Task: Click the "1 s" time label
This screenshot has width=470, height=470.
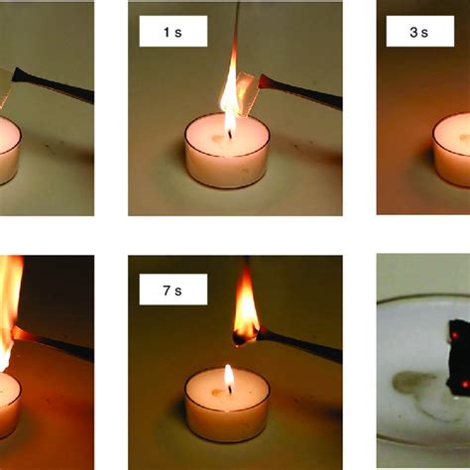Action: (x=173, y=33)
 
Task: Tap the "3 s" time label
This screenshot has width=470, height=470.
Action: (x=418, y=33)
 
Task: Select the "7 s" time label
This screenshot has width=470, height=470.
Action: (x=173, y=291)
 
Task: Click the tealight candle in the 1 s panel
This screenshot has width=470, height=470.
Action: (x=227, y=151)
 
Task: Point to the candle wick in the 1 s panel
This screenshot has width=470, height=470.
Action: (x=229, y=134)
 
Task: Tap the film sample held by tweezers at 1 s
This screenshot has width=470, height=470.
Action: (x=246, y=94)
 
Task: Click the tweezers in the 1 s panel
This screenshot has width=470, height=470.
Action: (x=300, y=91)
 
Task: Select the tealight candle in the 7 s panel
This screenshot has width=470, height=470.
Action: (x=227, y=405)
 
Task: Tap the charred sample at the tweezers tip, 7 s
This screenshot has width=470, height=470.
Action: (x=245, y=338)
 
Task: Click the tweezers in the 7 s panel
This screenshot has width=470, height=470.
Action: (x=299, y=345)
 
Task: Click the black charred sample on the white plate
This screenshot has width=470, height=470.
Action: (x=459, y=356)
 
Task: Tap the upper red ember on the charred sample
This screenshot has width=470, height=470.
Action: (x=455, y=336)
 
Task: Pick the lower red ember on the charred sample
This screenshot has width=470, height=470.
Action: (x=465, y=384)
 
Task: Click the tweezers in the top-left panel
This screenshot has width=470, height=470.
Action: (x=53, y=84)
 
